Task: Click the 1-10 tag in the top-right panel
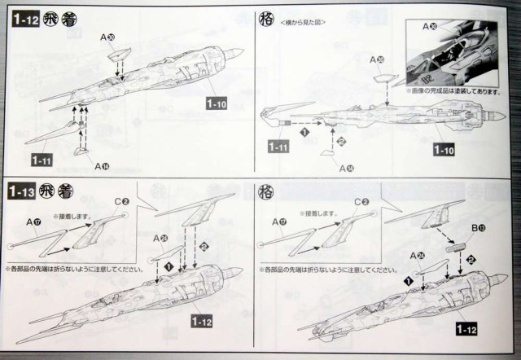pos(444,151)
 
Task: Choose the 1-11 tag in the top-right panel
pos(277,147)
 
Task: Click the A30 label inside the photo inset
pos(430,29)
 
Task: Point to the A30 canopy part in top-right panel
pos(380,80)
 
